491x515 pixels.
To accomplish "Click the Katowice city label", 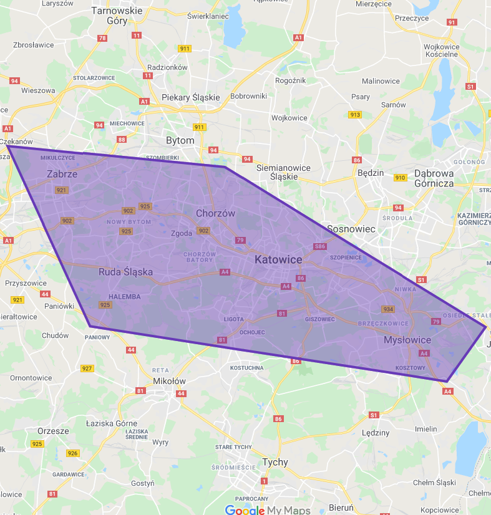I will tap(278, 259).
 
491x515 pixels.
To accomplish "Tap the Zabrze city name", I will tap(62, 174).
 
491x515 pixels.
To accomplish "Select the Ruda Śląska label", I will tap(125, 272).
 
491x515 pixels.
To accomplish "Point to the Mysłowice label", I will tap(407, 340).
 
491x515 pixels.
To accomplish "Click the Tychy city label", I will tap(275, 462).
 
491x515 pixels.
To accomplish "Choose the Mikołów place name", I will tap(170, 381).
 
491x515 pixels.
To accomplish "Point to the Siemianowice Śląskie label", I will tap(284, 172).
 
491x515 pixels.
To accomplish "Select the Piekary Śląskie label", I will tap(191, 97).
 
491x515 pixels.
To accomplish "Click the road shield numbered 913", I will tap(356, 114).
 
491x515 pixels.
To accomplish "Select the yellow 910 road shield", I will tap(401, 178).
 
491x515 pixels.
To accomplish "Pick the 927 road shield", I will tap(87, 368).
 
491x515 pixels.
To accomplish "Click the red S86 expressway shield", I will tap(320, 246).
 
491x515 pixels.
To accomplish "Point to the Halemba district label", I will tap(124, 297).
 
